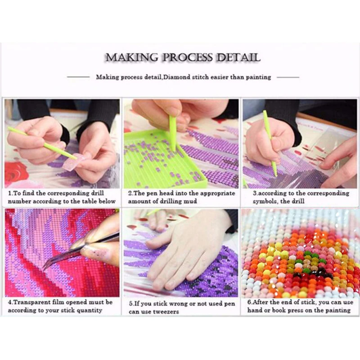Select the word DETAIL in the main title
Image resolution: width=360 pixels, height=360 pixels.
[x=238, y=58]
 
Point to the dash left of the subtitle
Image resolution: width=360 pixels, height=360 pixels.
[x=78, y=77]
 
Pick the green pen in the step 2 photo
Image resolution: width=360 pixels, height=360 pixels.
[x=172, y=133]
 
